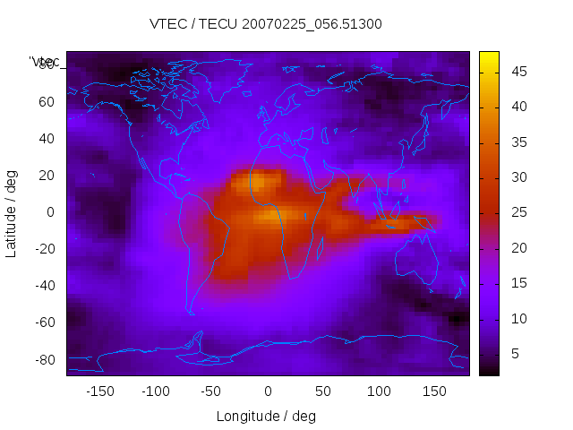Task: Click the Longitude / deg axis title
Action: click(x=266, y=416)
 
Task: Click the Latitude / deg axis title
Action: click(x=12, y=213)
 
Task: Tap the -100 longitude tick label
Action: click(x=155, y=391)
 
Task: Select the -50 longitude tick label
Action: click(x=211, y=391)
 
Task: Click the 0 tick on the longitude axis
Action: click(x=267, y=391)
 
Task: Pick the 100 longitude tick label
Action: click(x=379, y=391)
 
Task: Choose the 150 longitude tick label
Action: click(x=434, y=391)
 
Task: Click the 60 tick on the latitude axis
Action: click(x=47, y=101)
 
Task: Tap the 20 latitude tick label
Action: click(x=47, y=176)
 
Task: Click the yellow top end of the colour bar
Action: click(x=488, y=56)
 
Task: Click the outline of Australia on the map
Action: click(x=417, y=260)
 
